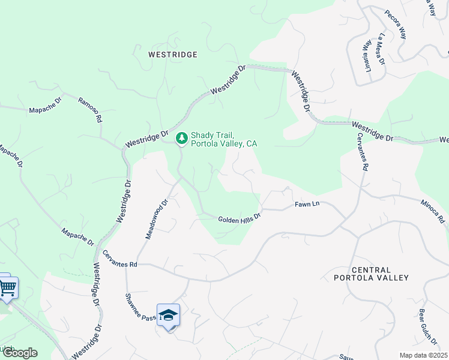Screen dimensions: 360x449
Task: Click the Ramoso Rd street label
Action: click(x=90, y=109)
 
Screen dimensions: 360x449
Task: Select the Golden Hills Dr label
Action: click(x=240, y=218)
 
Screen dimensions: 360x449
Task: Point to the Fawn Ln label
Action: click(x=307, y=205)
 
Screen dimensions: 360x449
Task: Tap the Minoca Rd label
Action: click(x=433, y=212)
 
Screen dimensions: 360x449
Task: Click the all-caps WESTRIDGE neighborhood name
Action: click(x=173, y=55)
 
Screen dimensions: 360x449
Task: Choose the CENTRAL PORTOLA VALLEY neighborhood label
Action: click(x=372, y=274)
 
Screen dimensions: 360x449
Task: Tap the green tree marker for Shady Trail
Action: click(x=181, y=139)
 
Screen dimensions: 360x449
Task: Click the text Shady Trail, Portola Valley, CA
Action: click(x=224, y=139)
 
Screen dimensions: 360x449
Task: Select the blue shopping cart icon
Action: click(x=8, y=288)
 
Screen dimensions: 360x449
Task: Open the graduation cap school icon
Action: click(x=168, y=315)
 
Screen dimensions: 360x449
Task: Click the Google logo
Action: click(x=20, y=353)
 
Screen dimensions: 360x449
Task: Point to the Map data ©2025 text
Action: click(x=423, y=355)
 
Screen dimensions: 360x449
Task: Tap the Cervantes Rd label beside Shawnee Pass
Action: click(x=120, y=259)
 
